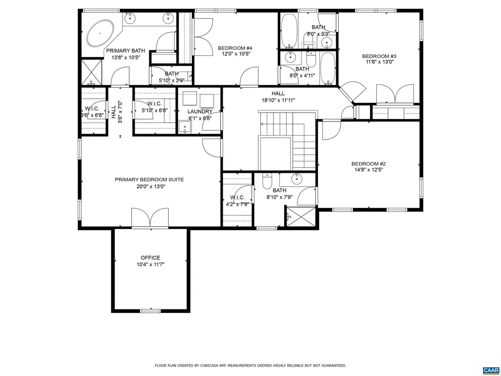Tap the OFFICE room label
(150, 258)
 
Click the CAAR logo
(490, 370)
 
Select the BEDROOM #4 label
(235, 47)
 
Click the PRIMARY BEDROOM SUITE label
(149, 180)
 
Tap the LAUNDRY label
(200, 112)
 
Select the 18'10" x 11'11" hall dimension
(278, 100)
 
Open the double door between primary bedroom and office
(150, 218)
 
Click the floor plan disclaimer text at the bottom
(250, 365)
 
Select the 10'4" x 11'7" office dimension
(150, 264)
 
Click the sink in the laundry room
(185, 128)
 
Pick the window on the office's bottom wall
(150, 310)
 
